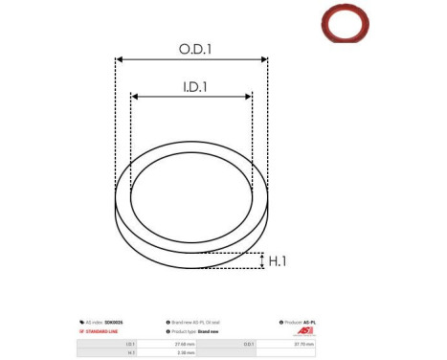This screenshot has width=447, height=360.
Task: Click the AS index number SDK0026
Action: click(108, 323)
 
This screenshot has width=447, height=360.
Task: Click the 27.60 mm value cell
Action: click(185, 342)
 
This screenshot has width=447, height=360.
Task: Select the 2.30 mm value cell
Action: click(185, 352)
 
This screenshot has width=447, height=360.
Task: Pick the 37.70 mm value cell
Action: click(301, 342)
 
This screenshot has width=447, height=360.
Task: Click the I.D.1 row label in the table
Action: click(130, 342)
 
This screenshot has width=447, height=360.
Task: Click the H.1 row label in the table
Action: click(131, 352)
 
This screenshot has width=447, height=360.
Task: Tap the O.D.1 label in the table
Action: click(249, 342)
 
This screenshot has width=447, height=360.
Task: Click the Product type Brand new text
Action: click(204, 330)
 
